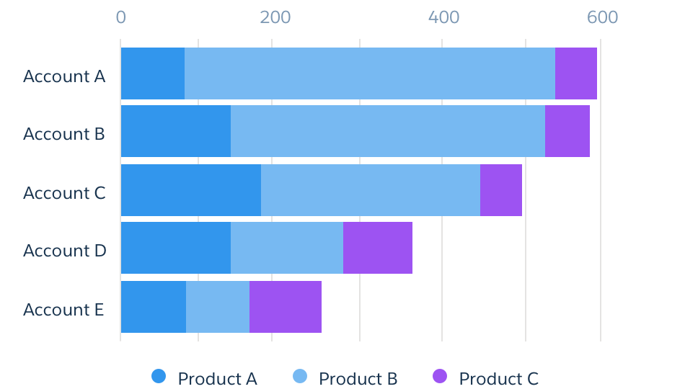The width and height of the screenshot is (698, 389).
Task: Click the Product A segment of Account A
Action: coord(153,73)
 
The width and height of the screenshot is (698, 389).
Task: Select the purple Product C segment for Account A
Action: coord(575,73)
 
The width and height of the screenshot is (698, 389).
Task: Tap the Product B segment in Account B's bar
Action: coord(387,131)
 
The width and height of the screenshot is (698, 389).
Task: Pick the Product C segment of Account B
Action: coord(567,131)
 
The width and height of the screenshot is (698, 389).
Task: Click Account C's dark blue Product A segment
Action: coord(191,190)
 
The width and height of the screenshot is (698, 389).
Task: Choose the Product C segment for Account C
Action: coord(500,190)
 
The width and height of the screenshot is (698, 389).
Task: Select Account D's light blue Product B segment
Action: coord(287,248)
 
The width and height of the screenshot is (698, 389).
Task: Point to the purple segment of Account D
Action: coord(378,248)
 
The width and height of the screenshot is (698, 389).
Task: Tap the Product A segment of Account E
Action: coord(154,307)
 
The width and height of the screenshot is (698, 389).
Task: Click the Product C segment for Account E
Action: coord(286,307)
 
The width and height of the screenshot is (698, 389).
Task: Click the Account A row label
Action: coord(64,76)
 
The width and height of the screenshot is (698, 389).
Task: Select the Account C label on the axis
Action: coord(64,193)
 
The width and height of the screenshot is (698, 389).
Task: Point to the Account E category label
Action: coord(63,310)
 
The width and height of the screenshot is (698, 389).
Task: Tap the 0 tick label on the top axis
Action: coord(120,17)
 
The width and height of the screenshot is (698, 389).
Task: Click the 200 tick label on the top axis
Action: coord(275,17)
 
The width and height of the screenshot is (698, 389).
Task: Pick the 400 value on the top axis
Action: coord(443,17)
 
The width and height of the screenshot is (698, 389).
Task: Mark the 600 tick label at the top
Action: coord(602,17)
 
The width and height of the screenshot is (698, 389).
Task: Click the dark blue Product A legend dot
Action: coord(159,376)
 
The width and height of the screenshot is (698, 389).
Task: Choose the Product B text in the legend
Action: coord(358,379)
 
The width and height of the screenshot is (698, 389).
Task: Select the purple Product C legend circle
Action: coord(440,376)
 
